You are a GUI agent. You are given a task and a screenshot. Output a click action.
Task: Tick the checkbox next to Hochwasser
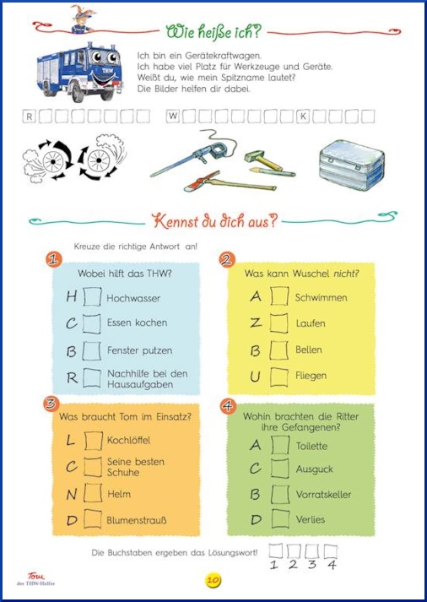[x=92, y=296]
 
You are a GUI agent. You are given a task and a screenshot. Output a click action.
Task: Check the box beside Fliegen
[x=279, y=377]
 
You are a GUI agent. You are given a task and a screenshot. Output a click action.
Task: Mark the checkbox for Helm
[x=93, y=493]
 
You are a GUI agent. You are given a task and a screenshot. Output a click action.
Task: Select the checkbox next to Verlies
[x=280, y=518]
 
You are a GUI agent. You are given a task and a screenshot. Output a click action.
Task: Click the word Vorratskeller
[x=323, y=495]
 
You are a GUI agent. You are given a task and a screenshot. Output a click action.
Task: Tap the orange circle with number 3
[x=51, y=404]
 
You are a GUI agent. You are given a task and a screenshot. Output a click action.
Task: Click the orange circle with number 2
[x=227, y=260]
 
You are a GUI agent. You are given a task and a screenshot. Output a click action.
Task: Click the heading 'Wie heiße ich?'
[x=213, y=32]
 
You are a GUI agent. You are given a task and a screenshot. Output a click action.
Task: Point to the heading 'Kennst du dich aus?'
[x=214, y=222]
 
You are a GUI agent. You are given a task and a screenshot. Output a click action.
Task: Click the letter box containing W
[x=173, y=117]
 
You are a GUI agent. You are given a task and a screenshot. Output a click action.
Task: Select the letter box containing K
[x=303, y=117]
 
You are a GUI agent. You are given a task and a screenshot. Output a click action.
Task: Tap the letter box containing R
[x=30, y=117]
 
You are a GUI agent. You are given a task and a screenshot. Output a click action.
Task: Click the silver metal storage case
[x=351, y=165]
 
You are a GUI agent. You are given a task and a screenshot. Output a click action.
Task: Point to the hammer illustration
[x=263, y=160]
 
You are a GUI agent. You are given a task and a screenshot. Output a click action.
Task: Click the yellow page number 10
[x=213, y=580]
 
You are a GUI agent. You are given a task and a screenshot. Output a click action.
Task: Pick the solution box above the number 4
[x=330, y=551]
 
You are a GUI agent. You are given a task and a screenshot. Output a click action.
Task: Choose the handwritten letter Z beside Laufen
[x=256, y=323]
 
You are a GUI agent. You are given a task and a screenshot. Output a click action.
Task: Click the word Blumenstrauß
[x=137, y=520]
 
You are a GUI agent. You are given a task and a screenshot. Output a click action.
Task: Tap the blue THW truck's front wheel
[x=78, y=92]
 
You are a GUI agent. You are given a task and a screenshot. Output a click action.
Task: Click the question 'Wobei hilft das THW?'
[x=125, y=274]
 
